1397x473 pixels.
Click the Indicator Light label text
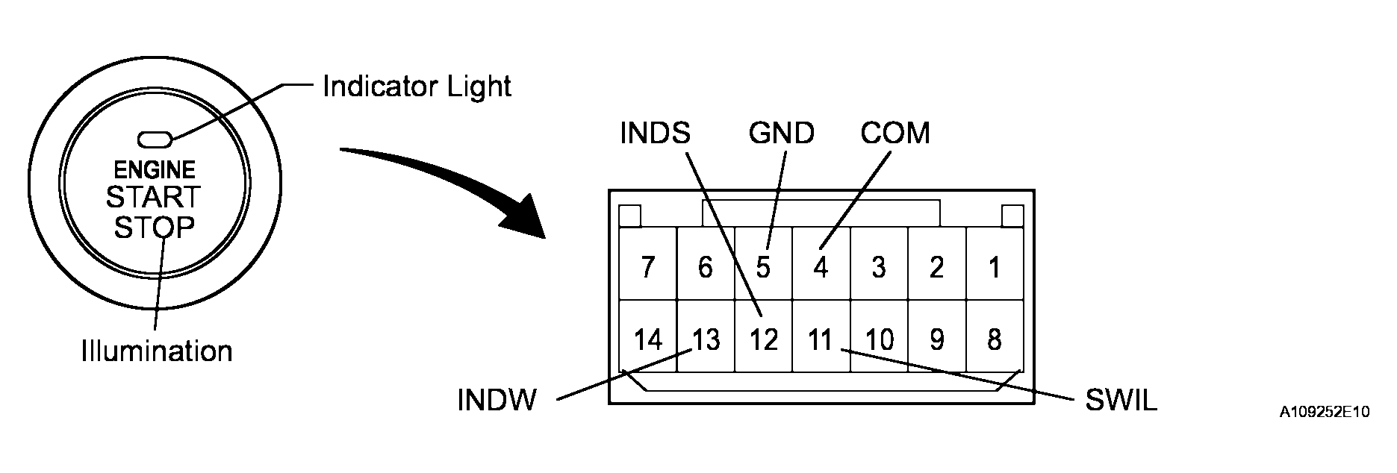(417, 87)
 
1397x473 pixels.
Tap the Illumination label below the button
(157, 351)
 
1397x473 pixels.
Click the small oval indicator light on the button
(155, 139)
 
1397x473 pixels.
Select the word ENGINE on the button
(155, 170)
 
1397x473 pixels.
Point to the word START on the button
(154, 198)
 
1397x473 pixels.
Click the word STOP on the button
(154, 227)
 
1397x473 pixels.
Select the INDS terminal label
(656, 134)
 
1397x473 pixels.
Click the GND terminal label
(781, 134)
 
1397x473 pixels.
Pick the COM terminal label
(895, 134)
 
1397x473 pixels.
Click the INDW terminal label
(497, 401)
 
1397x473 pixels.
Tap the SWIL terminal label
(1121, 401)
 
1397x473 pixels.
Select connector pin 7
(647, 267)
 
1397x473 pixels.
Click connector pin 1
(994, 267)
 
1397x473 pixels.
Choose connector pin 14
(647, 340)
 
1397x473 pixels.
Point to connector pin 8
(994, 340)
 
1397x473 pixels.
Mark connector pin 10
(879, 340)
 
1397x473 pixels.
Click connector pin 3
(879, 267)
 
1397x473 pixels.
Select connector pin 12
(763, 340)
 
